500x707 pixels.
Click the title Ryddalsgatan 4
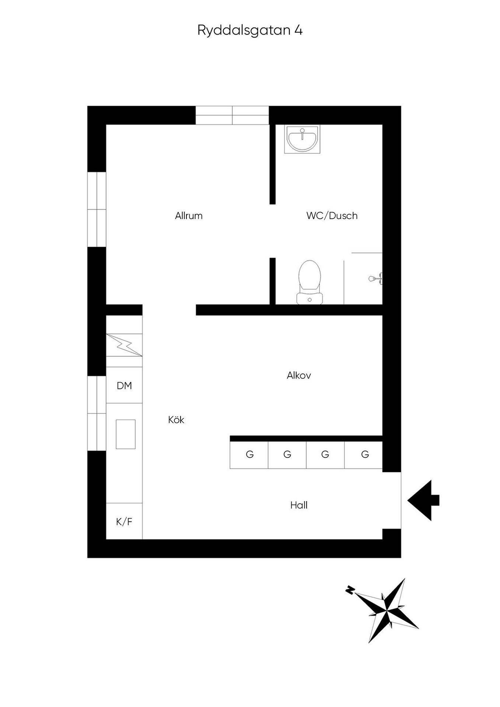(250, 31)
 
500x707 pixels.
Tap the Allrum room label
(189, 216)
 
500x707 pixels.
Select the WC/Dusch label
(332, 216)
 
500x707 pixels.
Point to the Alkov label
(299, 376)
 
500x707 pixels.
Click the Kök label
(176, 420)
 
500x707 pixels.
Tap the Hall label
(299, 505)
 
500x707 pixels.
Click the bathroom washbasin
(302, 139)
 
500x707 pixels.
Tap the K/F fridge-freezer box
(124, 521)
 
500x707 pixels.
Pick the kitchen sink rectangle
(126, 434)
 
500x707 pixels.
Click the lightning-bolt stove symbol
(124, 345)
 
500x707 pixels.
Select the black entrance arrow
(423, 500)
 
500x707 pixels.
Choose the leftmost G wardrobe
(249, 455)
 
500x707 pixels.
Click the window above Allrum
(232, 115)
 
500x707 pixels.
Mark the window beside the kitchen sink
(97, 413)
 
